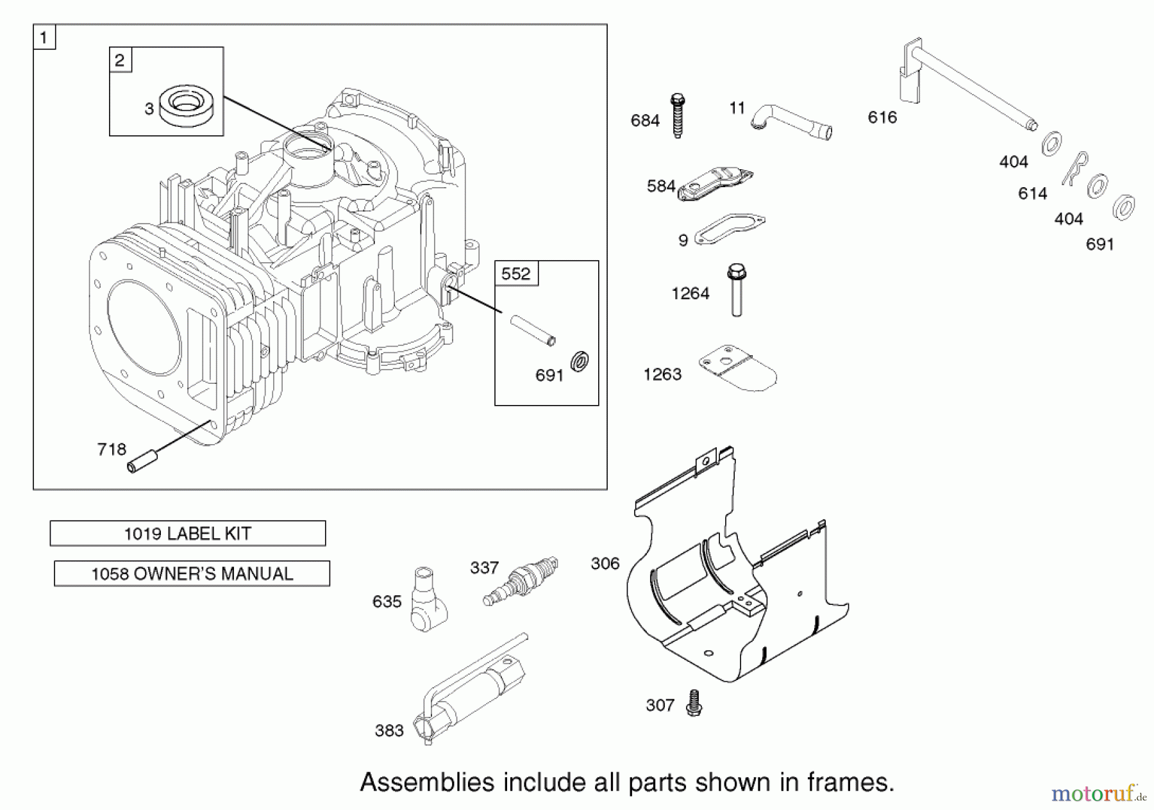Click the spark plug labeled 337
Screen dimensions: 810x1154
pyautogui.click(x=521, y=581)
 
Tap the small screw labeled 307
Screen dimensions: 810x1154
pyautogui.click(x=693, y=703)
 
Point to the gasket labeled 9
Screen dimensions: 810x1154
pyautogui.click(x=730, y=230)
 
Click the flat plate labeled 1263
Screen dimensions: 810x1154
pyautogui.click(x=737, y=369)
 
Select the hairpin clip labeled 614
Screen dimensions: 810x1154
pyautogui.click(x=1076, y=169)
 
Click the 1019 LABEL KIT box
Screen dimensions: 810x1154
pyautogui.click(x=187, y=533)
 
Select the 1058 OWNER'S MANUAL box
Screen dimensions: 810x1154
pyautogui.click(x=192, y=574)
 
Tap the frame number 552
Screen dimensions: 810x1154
pyautogui.click(x=516, y=274)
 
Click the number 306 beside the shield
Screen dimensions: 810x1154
pyautogui.click(x=605, y=563)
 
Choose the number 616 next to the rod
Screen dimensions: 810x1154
pyautogui.click(x=882, y=117)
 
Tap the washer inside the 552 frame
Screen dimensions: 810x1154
pyautogui.click(x=580, y=361)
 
